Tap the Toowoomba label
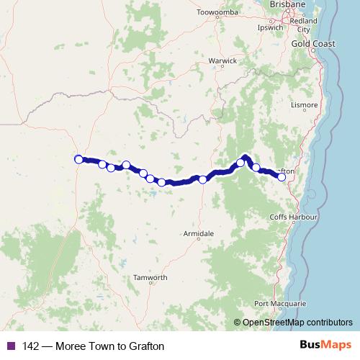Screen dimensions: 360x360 [x=216, y=12]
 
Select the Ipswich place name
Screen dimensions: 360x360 [x=270, y=28]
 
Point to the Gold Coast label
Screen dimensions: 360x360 [x=310, y=44]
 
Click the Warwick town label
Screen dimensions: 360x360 [x=222, y=61]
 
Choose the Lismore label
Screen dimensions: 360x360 [x=305, y=105]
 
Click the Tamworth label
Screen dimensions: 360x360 [x=150, y=278]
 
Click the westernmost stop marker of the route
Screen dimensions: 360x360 [x=78, y=159]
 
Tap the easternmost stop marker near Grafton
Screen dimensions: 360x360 [x=282, y=176]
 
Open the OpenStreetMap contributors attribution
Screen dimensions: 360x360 [x=297, y=323]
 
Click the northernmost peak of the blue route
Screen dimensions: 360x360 [x=246, y=156]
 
